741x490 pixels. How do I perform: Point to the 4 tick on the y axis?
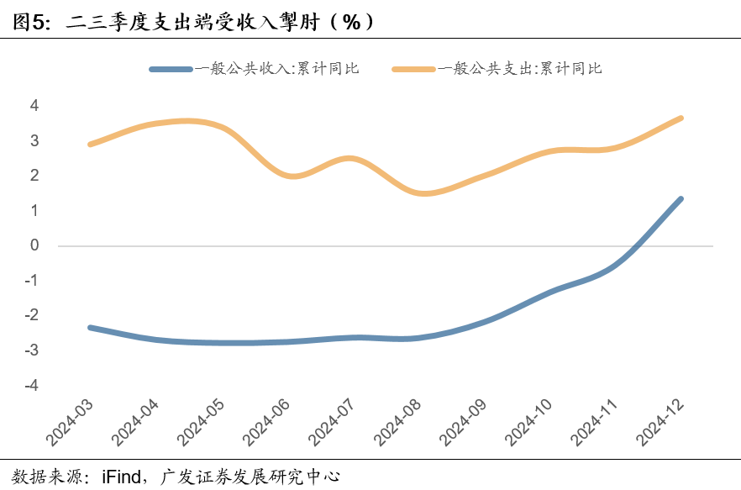(x=34, y=106)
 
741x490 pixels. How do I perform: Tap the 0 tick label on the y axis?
(x=34, y=246)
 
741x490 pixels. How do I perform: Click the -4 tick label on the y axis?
(x=32, y=386)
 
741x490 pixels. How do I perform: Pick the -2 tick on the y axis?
(x=32, y=316)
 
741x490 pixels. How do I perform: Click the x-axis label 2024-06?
(x=266, y=423)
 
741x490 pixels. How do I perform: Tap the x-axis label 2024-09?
(x=463, y=423)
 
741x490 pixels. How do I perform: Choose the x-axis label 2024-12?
(x=660, y=423)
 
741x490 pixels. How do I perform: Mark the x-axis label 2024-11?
(x=594, y=423)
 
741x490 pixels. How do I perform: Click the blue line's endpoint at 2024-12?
(x=680, y=199)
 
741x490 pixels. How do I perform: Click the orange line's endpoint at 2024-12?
(x=680, y=118)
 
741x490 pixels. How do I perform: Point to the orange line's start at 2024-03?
(x=90, y=145)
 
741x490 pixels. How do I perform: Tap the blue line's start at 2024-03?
(x=90, y=327)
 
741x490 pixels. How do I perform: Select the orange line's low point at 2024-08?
(x=423, y=193)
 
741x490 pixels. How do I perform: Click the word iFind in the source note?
(x=121, y=477)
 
